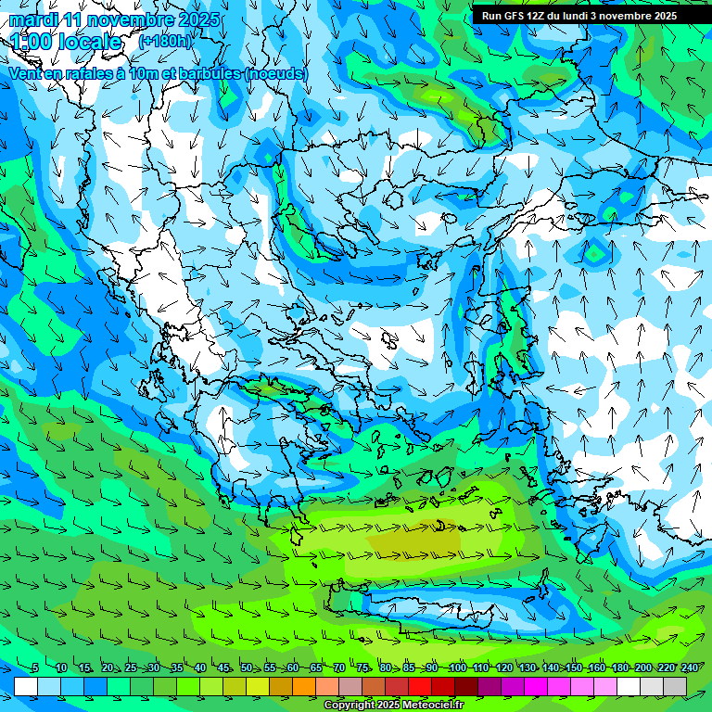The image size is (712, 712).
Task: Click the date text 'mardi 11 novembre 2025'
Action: (114, 19)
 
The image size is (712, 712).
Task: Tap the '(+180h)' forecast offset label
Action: (166, 41)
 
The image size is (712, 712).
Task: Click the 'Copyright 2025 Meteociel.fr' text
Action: (393, 705)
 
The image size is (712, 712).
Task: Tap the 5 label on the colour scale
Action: (34, 667)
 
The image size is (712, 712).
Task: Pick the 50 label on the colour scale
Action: (247, 667)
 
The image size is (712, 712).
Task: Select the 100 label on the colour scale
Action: (457, 667)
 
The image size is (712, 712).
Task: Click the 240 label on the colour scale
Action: (690, 667)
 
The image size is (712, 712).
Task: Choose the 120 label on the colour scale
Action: (503, 667)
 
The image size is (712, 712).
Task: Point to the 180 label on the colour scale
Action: (619, 667)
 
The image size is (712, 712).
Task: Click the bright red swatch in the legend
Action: (420, 686)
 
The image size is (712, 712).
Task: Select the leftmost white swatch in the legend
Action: (26, 686)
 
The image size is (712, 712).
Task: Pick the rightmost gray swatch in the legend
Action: (675, 686)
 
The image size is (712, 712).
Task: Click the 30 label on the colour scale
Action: (153, 667)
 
